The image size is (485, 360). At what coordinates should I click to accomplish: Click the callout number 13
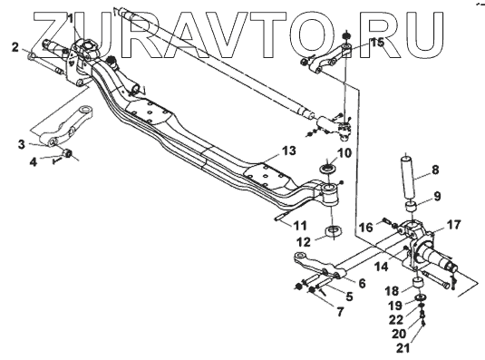pos(288,151)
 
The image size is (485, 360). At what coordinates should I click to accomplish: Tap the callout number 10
pos(344,152)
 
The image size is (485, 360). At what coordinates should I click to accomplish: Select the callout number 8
pos(435,170)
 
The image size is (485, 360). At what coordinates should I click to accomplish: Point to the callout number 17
pos(454,225)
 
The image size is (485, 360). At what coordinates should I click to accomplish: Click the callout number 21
pos(403,348)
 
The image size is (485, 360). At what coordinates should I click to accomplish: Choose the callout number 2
pos(15,48)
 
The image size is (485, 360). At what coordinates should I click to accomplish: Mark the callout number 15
pos(377,43)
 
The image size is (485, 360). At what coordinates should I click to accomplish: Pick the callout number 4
pos(34,161)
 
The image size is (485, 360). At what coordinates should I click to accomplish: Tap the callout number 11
pos(300,226)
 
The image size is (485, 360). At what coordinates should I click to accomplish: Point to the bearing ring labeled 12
pos(333,232)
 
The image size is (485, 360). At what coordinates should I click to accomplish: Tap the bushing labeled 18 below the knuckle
pos(420,283)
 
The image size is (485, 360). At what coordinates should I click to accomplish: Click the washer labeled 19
pos(421,297)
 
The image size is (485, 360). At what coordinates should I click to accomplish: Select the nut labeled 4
pos(67,152)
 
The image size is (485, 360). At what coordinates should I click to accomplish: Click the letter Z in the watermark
pos(65,34)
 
